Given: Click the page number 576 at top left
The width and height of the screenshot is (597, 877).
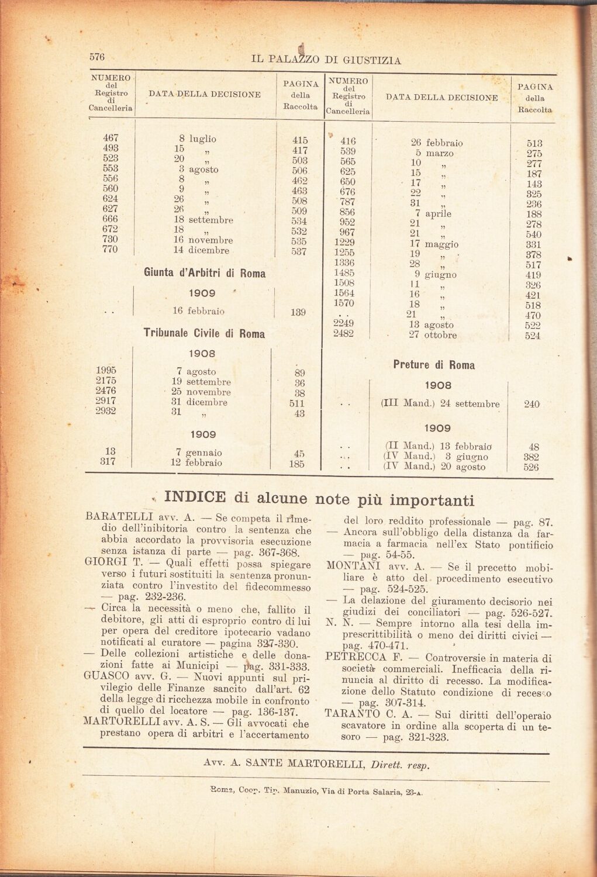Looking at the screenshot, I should coord(96,57).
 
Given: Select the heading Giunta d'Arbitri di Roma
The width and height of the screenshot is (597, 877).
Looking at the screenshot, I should coord(204,273).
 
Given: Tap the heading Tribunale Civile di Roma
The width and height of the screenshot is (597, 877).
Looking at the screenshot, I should coord(204,334).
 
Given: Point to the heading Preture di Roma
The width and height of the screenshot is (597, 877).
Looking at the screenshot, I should coord(434,365).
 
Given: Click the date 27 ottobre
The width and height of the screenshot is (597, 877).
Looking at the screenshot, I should coord(433,335).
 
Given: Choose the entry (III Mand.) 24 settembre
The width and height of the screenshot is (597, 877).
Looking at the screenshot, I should coord(440,403).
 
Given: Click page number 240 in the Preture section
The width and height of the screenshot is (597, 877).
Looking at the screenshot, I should coord(532,404).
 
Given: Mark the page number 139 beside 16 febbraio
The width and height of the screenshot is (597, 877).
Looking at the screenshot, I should coord(298,312).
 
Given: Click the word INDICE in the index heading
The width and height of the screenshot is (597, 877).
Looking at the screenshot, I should coord(195,498).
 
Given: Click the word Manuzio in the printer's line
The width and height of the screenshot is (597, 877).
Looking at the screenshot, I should coord(300,792).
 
